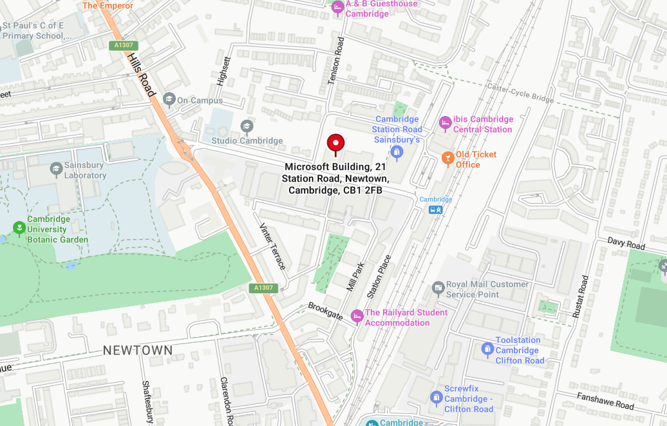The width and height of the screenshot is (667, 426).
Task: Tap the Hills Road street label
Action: tap(142, 75)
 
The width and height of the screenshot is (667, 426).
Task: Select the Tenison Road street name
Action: tap(336, 61)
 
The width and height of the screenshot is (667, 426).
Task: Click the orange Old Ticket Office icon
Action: tap(447, 158)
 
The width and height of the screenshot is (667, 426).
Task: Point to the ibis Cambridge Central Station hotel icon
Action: tap(445, 122)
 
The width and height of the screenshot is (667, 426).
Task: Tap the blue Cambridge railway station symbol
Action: tap(436, 209)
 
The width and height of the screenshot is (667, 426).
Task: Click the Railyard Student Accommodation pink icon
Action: tap(357, 316)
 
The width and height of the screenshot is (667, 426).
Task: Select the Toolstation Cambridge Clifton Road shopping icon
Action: tap(487, 349)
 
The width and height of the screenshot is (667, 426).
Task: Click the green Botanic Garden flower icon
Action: tap(19, 228)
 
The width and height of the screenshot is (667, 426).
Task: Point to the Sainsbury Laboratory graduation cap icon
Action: tap(56, 169)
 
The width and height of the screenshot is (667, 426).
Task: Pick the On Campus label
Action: tap(200, 101)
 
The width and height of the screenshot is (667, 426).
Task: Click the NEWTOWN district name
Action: tap(138, 351)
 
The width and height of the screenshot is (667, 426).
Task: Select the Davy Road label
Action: tap(626, 244)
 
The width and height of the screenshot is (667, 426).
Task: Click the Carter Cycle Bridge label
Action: tap(520, 93)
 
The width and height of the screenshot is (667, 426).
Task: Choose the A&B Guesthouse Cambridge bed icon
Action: tap(337, 8)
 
